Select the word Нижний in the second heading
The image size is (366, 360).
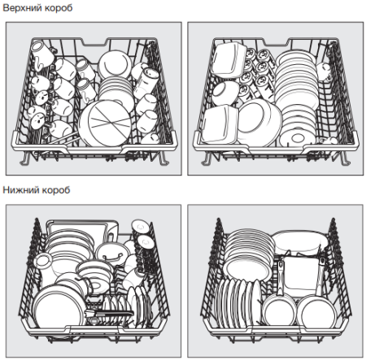[x=20, y=190]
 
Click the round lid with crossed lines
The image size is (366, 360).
[x=107, y=123]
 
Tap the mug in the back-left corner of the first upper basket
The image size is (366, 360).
[x=41, y=55]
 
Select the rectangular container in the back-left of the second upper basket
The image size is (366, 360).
[x=228, y=60]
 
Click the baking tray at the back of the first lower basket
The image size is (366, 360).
[x=81, y=230]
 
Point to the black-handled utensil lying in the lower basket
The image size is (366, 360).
[x=109, y=314]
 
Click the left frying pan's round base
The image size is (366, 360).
[x=279, y=310]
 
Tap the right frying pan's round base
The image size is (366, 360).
[x=316, y=312]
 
